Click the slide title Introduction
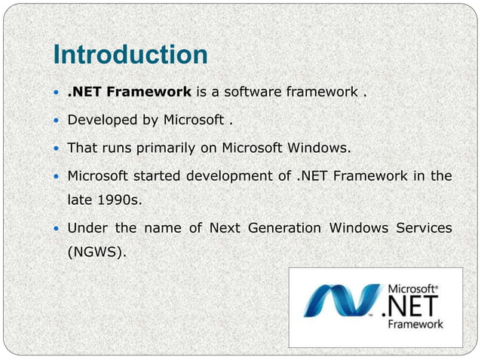click(130, 55)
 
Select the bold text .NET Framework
click(130, 93)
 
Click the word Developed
click(100, 121)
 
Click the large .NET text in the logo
click(412, 307)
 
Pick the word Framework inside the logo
click(415, 325)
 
